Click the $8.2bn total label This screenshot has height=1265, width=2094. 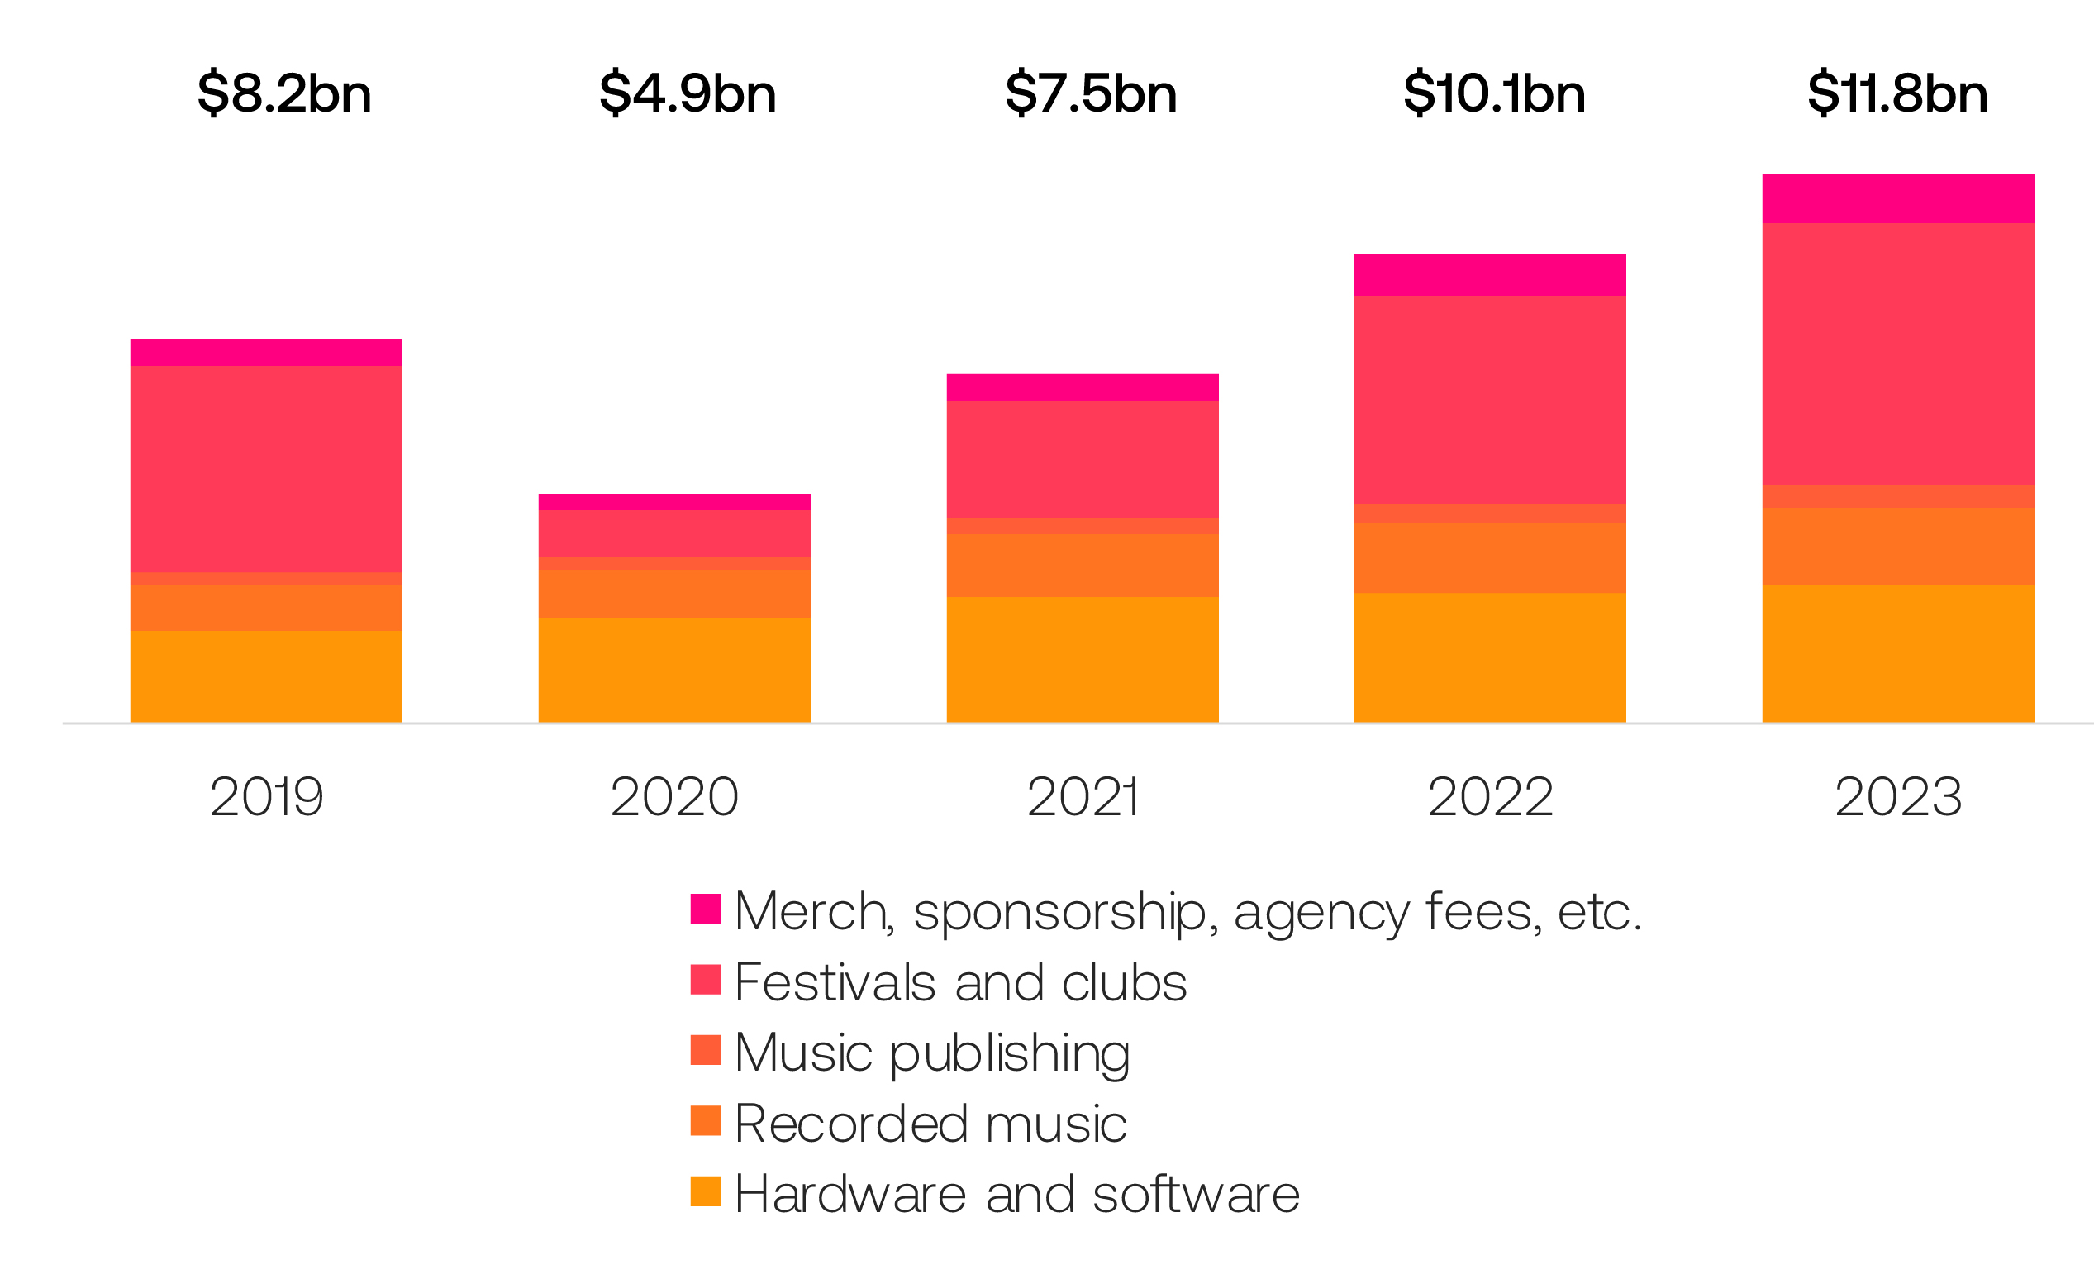tap(283, 93)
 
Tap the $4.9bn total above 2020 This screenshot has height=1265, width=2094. tap(688, 93)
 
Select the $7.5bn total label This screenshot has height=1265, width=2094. tap(1090, 93)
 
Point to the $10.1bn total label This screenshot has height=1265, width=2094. tap(1494, 93)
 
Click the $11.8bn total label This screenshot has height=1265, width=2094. tap(1896, 93)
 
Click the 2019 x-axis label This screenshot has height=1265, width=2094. tap(267, 796)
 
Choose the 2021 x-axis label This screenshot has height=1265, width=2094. tap(1082, 796)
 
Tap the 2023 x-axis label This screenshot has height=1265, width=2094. tap(1897, 796)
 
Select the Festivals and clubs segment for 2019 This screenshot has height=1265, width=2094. tap(266, 470)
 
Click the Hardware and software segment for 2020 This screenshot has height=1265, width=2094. tap(674, 670)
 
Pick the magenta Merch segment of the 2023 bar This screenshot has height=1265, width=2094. tap(1897, 199)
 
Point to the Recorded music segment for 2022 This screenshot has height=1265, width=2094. tap(1490, 558)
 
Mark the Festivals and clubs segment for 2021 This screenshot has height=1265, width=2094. tap(1082, 459)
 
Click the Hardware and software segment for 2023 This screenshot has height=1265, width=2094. tap(1897, 654)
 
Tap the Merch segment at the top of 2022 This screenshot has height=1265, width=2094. tap(1490, 274)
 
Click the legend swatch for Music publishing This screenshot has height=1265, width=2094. tap(706, 1050)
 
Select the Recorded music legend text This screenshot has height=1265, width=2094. tap(930, 1123)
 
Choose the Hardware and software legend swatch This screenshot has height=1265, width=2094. tap(706, 1191)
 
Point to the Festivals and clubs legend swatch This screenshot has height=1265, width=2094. tap(706, 980)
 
